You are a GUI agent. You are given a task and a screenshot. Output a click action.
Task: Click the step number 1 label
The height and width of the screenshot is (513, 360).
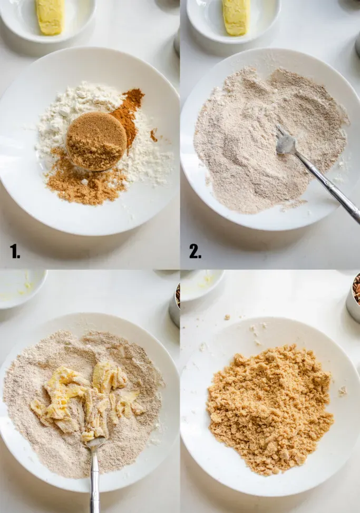[x=15, y=252]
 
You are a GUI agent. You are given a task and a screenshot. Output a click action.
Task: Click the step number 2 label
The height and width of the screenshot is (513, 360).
[x=195, y=252]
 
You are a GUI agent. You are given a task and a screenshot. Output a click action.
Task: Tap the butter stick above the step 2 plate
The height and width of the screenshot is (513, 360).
[x=236, y=16]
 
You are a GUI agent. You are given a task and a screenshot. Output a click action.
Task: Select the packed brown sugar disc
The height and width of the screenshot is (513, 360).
[x=96, y=140]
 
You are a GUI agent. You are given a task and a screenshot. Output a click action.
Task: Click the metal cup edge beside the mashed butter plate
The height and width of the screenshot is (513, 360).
[x=175, y=305]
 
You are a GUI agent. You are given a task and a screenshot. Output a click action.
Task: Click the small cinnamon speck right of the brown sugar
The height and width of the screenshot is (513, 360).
[x=153, y=136]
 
